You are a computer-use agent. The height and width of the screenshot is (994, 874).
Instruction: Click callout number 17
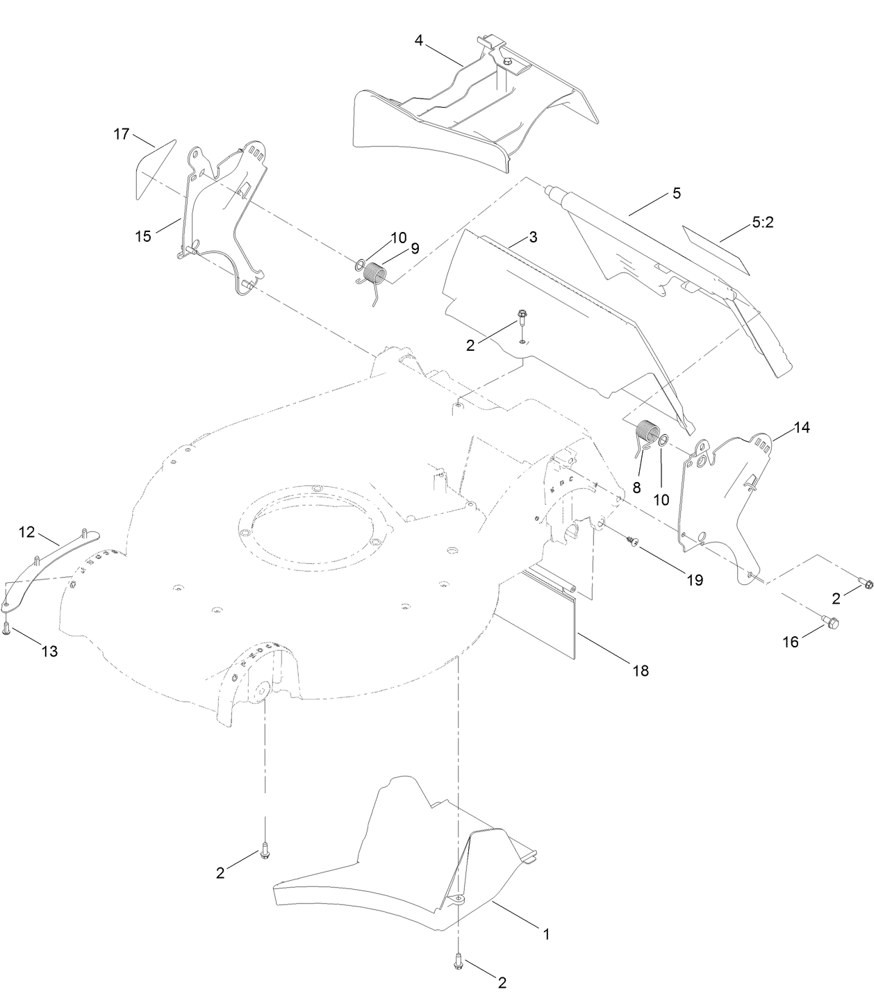click(122, 134)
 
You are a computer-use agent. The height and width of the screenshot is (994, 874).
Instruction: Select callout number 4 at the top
click(419, 40)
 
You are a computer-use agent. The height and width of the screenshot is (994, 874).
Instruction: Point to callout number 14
click(801, 428)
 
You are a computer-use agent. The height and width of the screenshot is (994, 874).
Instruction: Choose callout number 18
click(640, 670)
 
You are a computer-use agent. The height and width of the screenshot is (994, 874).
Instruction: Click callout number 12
click(26, 533)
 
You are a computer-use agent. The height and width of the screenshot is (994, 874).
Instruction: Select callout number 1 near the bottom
click(546, 934)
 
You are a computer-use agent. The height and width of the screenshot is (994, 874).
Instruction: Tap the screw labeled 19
click(633, 540)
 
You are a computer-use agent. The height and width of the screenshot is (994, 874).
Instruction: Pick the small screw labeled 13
click(6, 628)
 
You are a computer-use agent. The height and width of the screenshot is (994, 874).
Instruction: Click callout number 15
click(142, 236)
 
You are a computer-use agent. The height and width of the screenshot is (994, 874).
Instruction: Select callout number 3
click(533, 237)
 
